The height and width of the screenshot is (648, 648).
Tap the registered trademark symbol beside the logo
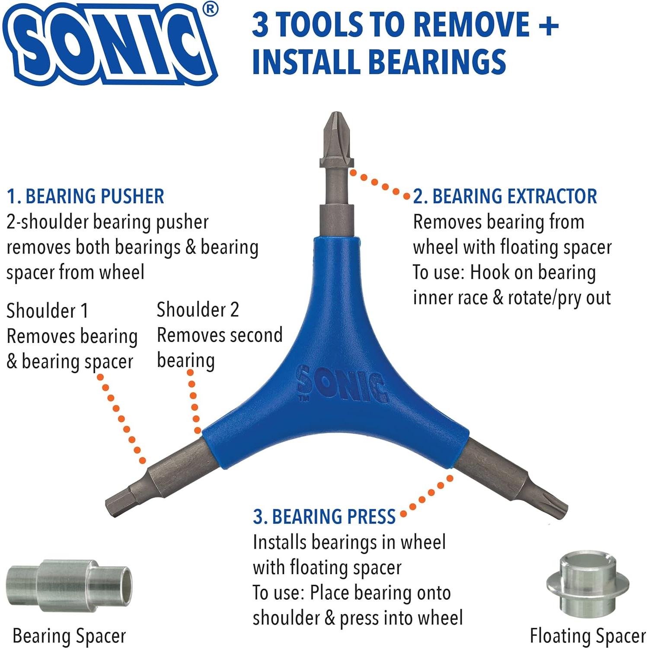(x=211, y=10)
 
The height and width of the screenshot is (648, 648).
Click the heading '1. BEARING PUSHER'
(x=86, y=197)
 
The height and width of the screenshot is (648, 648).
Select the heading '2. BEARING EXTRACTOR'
(x=505, y=197)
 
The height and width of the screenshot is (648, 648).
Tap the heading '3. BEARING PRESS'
(x=324, y=517)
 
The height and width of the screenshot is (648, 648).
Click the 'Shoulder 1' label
(x=48, y=311)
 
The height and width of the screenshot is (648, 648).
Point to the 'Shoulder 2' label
(x=198, y=310)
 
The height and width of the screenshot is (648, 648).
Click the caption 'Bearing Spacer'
(x=69, y=636)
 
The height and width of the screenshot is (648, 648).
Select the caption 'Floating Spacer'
(x=587, y=636)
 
